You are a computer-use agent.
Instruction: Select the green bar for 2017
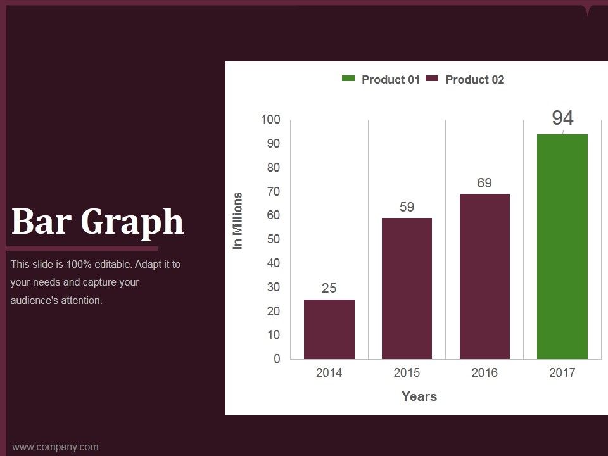[x=562, y=246]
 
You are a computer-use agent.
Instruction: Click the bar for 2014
[x=329, y=329]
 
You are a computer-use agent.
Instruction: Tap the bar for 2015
[x=407, y=289]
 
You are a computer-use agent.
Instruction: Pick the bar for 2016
[x=484, y=277]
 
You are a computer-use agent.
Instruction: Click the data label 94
[x=562, y=118]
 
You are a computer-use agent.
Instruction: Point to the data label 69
[x=484, y=182]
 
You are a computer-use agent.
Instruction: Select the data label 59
[x=407, y=206]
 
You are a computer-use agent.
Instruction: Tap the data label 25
[x=329, y=288]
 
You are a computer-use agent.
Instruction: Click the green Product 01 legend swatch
[x=348, y=79]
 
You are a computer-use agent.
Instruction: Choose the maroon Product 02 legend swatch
[x=432, y=79]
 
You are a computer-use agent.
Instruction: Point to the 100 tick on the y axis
[x=270, y=119]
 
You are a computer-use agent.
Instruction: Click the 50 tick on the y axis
[x=274, y=239]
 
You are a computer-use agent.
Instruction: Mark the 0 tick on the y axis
[x=277, y=358]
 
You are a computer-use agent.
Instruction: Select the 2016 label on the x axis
[x=484, y=372]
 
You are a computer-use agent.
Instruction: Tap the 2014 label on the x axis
[x=329, y=372]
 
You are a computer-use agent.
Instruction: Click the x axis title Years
[x=419, y=396]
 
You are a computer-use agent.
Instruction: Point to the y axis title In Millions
[x=237, y=220]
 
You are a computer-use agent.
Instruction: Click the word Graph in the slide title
[x=132, y=222]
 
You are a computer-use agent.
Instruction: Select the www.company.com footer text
[x=55, y=446]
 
